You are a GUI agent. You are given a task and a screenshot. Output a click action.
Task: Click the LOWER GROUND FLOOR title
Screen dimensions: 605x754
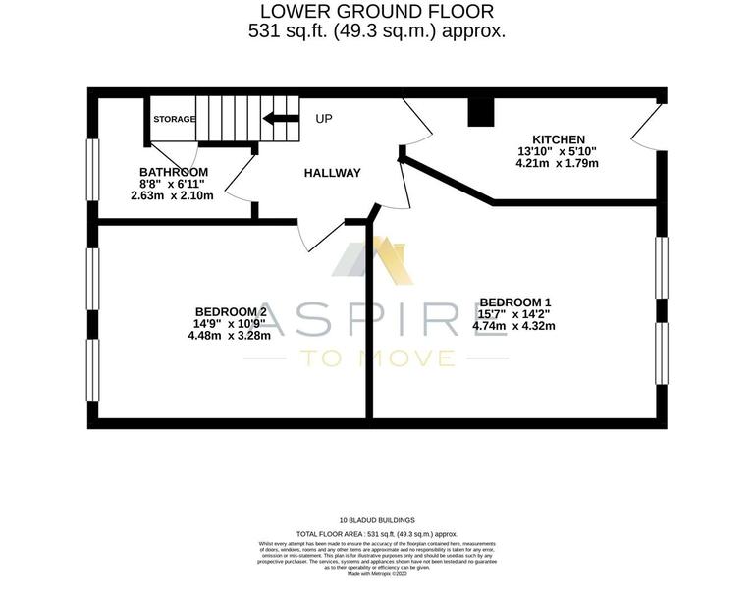(376, 12)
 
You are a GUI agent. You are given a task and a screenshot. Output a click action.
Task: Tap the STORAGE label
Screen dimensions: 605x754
(174, 120)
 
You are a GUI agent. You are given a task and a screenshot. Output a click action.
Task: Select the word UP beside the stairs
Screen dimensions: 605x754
(324, 119)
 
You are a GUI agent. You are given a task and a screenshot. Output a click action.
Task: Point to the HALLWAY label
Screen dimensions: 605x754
(332, 173)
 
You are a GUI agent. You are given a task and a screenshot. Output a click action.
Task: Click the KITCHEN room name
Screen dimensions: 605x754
(559, 139)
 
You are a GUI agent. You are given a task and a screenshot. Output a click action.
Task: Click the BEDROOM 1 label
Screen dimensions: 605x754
(514, 302)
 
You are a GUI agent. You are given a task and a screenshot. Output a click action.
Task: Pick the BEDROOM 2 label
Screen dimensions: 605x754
(232, 312)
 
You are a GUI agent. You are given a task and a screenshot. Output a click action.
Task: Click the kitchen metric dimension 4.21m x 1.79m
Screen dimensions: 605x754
(558, 163)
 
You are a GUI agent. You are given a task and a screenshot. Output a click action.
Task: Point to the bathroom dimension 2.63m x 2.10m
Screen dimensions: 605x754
(172, 195)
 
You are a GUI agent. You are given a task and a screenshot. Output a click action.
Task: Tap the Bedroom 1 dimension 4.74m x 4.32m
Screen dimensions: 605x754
(514, 326)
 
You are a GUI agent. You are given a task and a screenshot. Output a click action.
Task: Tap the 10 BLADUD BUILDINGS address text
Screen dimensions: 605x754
(377, 519)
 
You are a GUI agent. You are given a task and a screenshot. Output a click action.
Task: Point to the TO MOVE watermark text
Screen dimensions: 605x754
(377, 357)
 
